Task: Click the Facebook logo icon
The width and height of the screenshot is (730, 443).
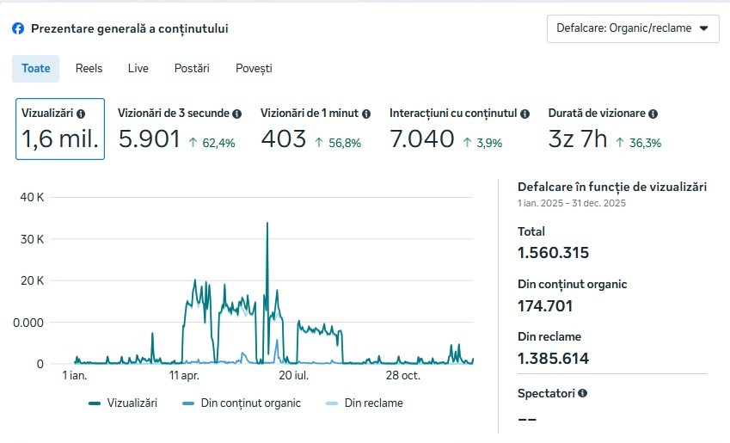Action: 18,28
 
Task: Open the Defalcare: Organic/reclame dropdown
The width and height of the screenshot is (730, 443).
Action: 633,28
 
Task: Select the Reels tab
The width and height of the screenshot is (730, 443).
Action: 89,68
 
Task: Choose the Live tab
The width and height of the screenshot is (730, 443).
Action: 138,68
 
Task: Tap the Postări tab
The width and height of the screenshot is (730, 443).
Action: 192,68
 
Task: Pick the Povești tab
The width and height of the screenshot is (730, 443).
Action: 254,68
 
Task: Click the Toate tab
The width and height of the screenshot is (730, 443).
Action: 36,68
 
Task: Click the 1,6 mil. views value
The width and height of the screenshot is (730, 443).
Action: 59,138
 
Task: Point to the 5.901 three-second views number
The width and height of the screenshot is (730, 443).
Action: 149,138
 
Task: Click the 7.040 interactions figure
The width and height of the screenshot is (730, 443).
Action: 421,138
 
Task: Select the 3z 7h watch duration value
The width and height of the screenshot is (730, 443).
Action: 578,138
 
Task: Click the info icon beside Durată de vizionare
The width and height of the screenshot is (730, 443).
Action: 653,114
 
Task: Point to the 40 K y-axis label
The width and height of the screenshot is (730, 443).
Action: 32,197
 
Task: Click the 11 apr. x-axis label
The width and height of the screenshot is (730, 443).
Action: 186,376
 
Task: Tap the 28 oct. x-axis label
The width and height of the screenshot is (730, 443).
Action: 402,376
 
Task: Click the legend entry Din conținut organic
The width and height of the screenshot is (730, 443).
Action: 250,403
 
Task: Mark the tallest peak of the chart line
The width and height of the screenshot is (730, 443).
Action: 267,224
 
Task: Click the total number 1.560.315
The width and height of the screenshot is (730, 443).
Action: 553,253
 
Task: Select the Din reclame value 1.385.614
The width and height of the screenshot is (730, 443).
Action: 553,359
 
